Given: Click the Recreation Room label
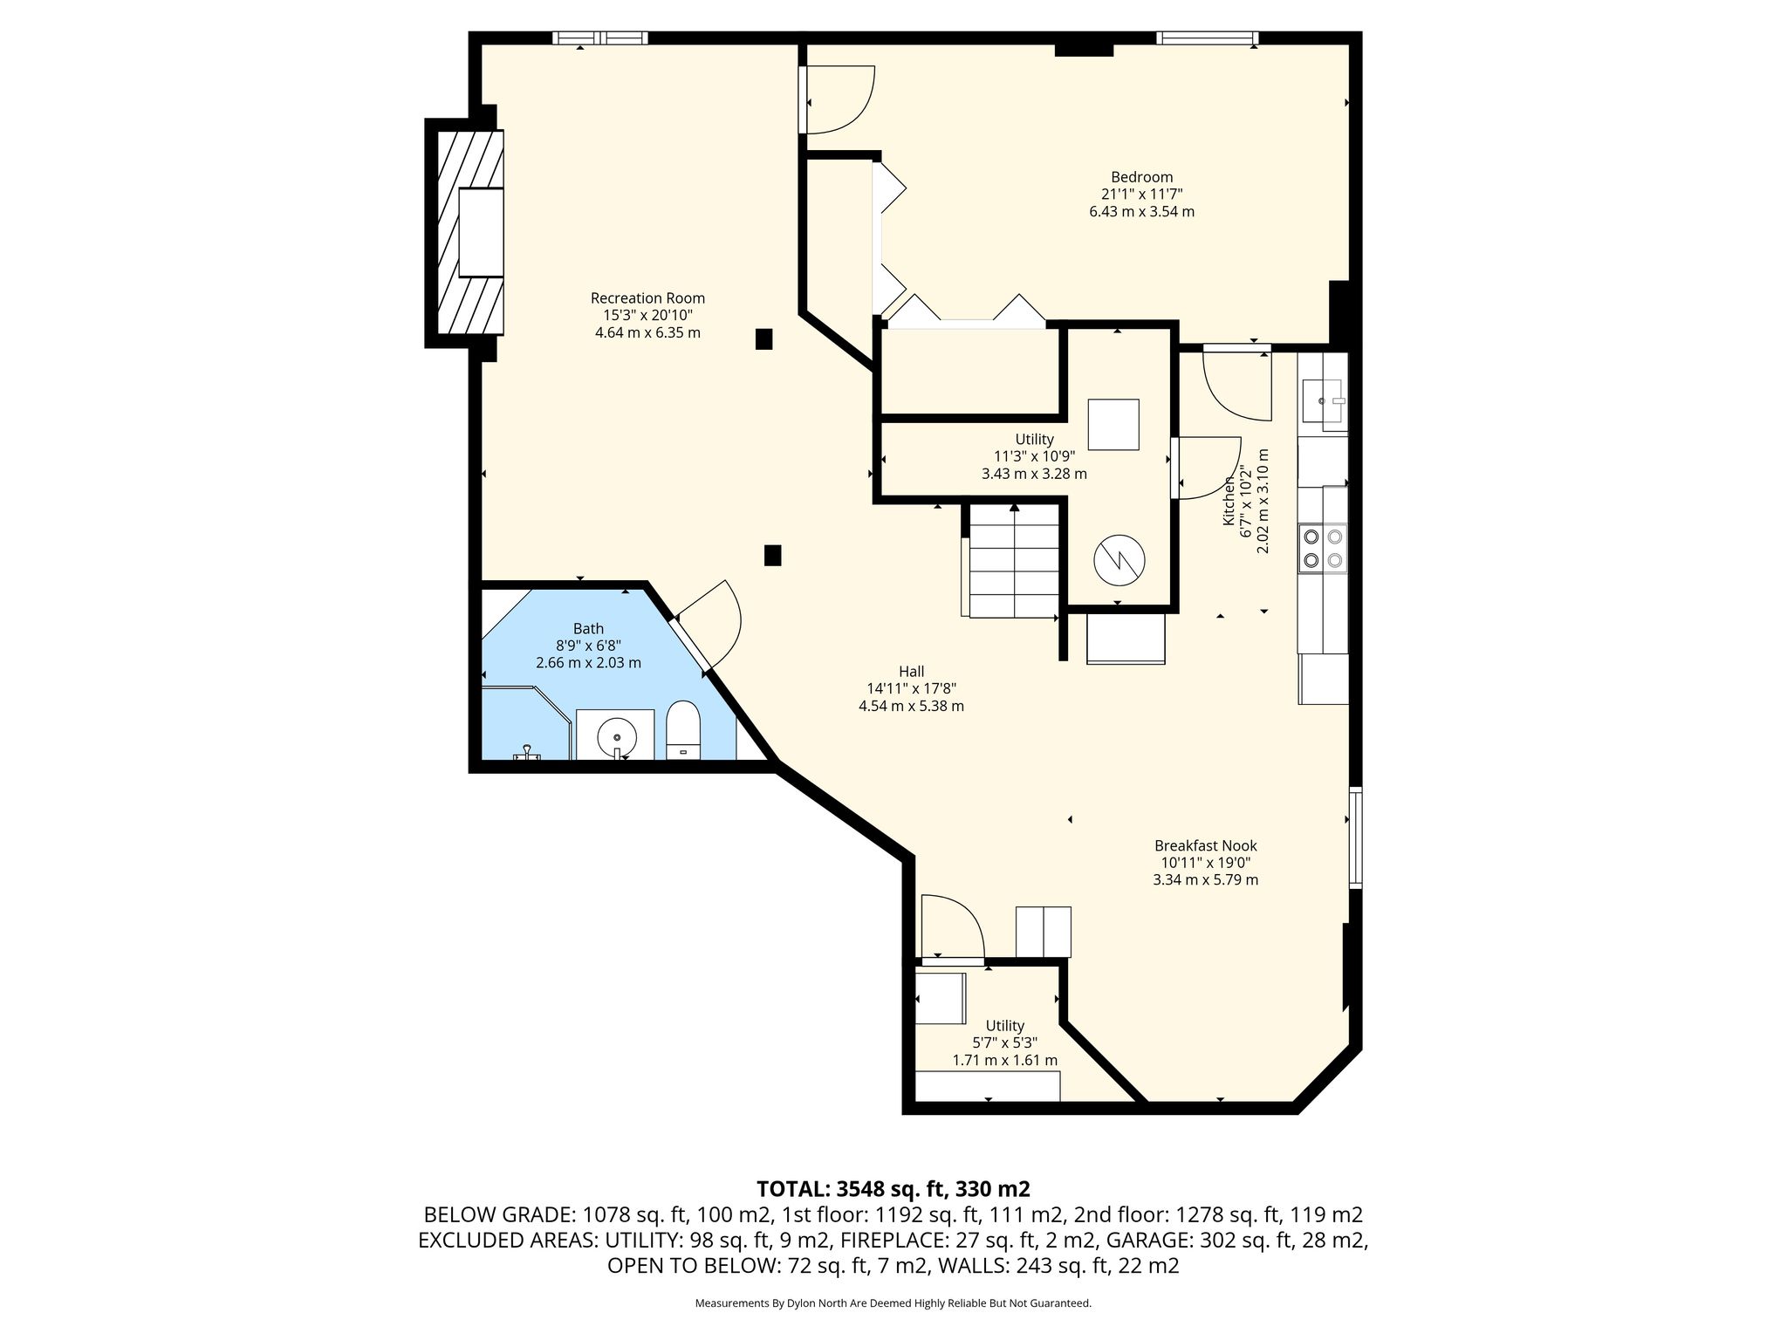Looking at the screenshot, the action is click(x=647, y=298).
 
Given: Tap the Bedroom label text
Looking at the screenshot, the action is click(x=1141, y=177).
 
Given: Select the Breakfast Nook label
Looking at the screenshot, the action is click(x=1205, y=845).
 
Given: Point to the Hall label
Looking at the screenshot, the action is click(x=911, y=672).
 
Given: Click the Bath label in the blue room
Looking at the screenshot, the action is click(x=588, y=628).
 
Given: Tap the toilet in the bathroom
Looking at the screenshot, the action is click(x=683, y=731).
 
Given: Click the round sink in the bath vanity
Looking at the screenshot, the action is click(x=617, y=737).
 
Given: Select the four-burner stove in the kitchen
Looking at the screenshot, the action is click(x=1322, y=548).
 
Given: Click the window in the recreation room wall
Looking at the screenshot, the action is click(x=600, y=38).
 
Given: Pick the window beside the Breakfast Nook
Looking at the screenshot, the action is click(x=1355, y=837).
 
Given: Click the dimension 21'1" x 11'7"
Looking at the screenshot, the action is click(x=1141, y=195).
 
